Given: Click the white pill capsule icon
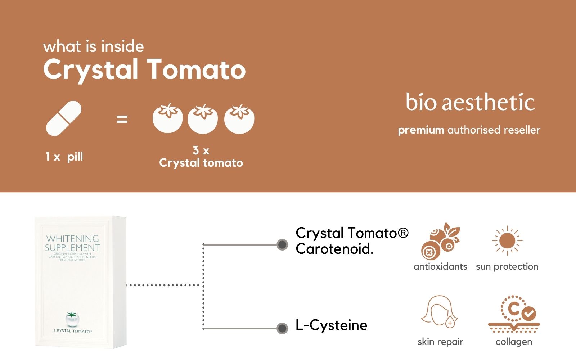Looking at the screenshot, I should (x=64, y=118).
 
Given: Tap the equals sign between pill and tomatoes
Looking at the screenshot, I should (x=122, y=119).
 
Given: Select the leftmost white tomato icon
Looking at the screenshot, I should (x=167, y=119).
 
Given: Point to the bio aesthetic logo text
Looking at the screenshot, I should (x=470, y=102).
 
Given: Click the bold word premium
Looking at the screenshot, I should (x=421, y=130).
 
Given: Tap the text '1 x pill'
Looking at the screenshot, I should (x=64, y=157).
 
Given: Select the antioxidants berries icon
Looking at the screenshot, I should (x=440, y=241).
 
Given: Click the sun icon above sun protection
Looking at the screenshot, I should (x=507, y=241).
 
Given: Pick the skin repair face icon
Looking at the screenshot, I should (x=440, y=312).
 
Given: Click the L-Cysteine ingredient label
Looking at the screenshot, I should (x=331, y=325).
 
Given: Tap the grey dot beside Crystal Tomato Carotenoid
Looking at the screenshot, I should (x=282, y=245).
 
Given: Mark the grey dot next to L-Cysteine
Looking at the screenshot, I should (x=282, y=328).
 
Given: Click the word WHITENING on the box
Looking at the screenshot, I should (x=72, y=239).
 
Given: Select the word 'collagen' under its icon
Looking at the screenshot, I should (x=514, y=342).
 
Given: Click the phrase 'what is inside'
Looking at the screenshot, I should (x=94, y=46).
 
